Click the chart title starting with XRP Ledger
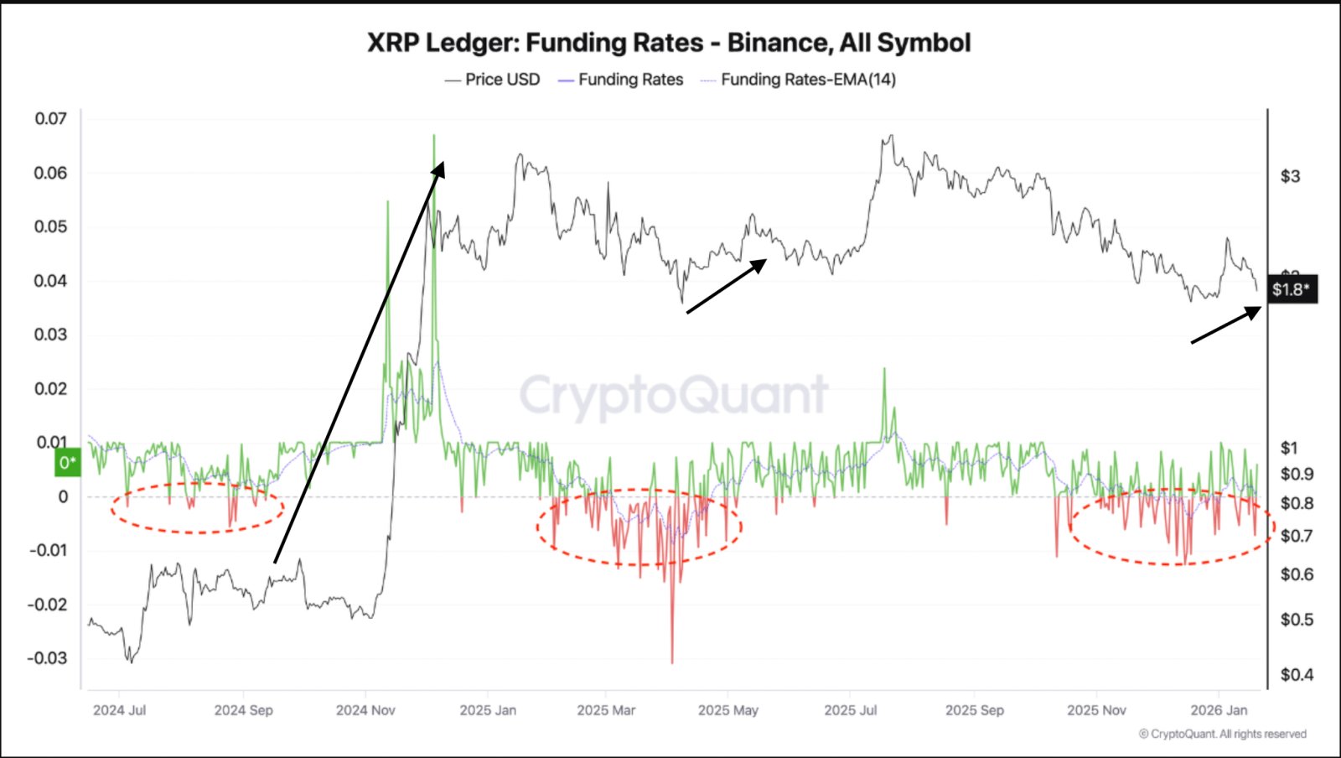(x=669, y=43)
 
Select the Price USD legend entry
(x=502, y=80)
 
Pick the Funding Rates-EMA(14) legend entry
(x=807, y=80)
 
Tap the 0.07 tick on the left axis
(x=50, y=119)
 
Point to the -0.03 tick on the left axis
(x=47, y=658)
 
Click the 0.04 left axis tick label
(x=50, y=281)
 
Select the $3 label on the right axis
(x=1290, y=176)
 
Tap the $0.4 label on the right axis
(x=1297, y=675)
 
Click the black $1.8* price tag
(x=1291, y=289)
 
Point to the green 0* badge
(x=68, y=463)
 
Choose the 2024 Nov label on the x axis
(x=365, y=710)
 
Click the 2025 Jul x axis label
(x=850, y=710)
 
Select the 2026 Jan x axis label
(x=1219, y=710)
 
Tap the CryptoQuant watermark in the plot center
(x=674, y=395)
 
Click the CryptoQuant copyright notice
(x=1223, y=735)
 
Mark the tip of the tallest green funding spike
(x=434, y=136)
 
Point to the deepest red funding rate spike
(x=672, y=662)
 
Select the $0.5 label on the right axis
(x=1297, y=620)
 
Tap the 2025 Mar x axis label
(x=606, y=710)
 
